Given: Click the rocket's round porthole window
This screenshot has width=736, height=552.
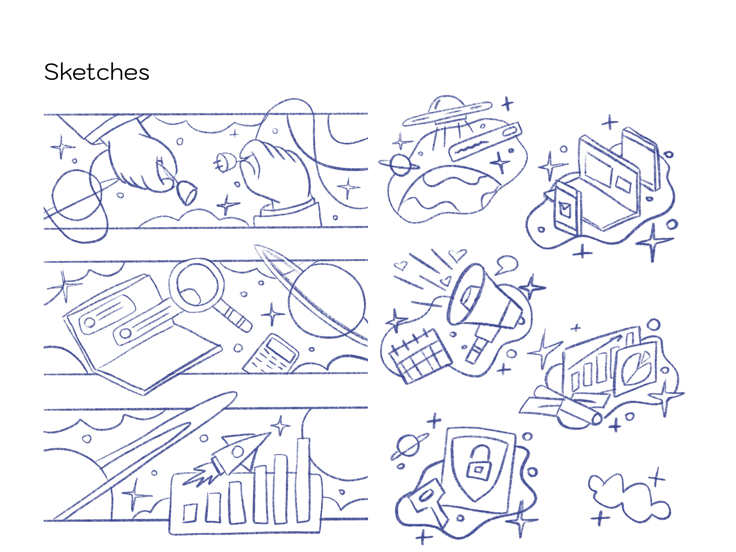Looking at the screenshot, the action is pos(238,451).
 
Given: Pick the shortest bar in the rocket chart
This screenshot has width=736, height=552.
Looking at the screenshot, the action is pos(190,513).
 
